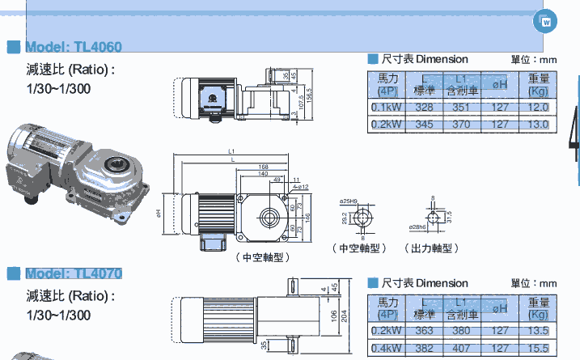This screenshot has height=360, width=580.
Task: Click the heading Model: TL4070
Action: click(x=74, y=273)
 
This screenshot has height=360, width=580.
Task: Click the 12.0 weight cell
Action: click(x=538, y=107)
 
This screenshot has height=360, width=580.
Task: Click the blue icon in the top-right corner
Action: click(x=547, y=22)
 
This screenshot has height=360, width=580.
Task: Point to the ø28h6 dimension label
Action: click(x=419, y=227)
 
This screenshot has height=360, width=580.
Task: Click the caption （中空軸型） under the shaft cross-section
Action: click(x=358, y=248)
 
